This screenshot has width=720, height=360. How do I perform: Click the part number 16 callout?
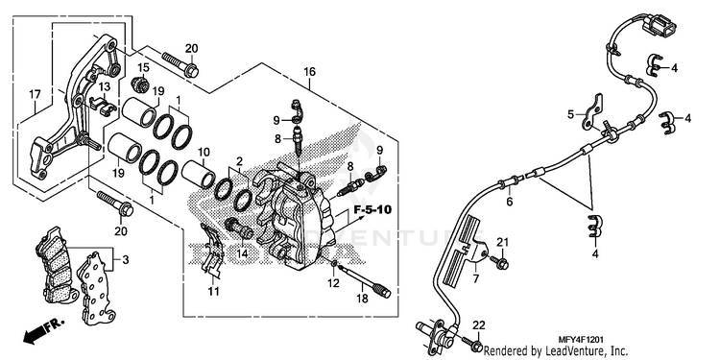309,72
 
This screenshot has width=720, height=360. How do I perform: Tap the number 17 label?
35,95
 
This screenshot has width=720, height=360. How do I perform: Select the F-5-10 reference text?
372,211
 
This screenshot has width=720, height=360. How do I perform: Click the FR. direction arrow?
42,331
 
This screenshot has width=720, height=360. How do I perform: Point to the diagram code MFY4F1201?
581,340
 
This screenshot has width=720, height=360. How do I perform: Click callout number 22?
478,325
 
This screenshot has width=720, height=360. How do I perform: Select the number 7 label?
476,278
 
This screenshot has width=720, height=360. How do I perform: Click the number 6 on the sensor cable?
509,202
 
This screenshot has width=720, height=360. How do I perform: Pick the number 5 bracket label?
571,114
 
